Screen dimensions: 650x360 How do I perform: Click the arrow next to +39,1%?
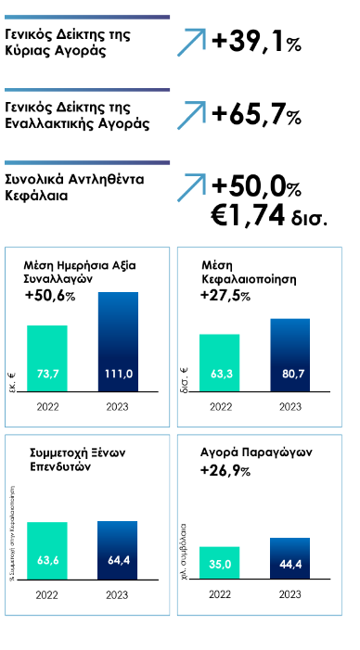(x=190, y=43)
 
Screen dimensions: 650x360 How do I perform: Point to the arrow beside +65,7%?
(x=190, y=115)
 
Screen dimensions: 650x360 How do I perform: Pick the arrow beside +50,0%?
(x=190, y=186)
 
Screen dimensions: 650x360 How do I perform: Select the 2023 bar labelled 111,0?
(x=118, y=342)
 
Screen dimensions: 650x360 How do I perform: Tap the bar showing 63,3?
(x=220, y=363)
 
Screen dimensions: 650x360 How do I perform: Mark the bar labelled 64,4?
(x=118, y=550)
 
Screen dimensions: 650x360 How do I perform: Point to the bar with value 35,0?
(x=220, y=563)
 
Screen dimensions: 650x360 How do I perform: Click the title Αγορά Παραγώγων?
(x=255, y=453)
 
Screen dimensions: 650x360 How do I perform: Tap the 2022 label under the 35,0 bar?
(x=220, y=594)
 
